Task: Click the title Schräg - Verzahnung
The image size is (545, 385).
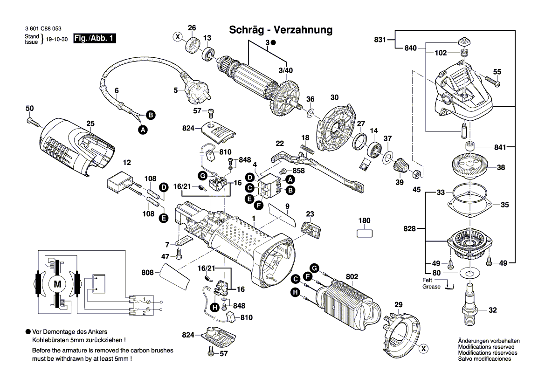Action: click(x=281, y=30)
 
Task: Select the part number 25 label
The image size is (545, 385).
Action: click(x=90, y=124)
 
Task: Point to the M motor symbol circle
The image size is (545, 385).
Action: click(x=58, y=283)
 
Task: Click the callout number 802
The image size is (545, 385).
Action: click(x=352, y=277)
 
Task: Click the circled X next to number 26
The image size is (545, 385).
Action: click(x=178, y=36)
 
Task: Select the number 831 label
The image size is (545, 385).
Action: click(x=379, y=40)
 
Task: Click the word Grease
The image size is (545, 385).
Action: click(x=431, y=287)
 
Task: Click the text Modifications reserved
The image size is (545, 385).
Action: click(x=486, y=347)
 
